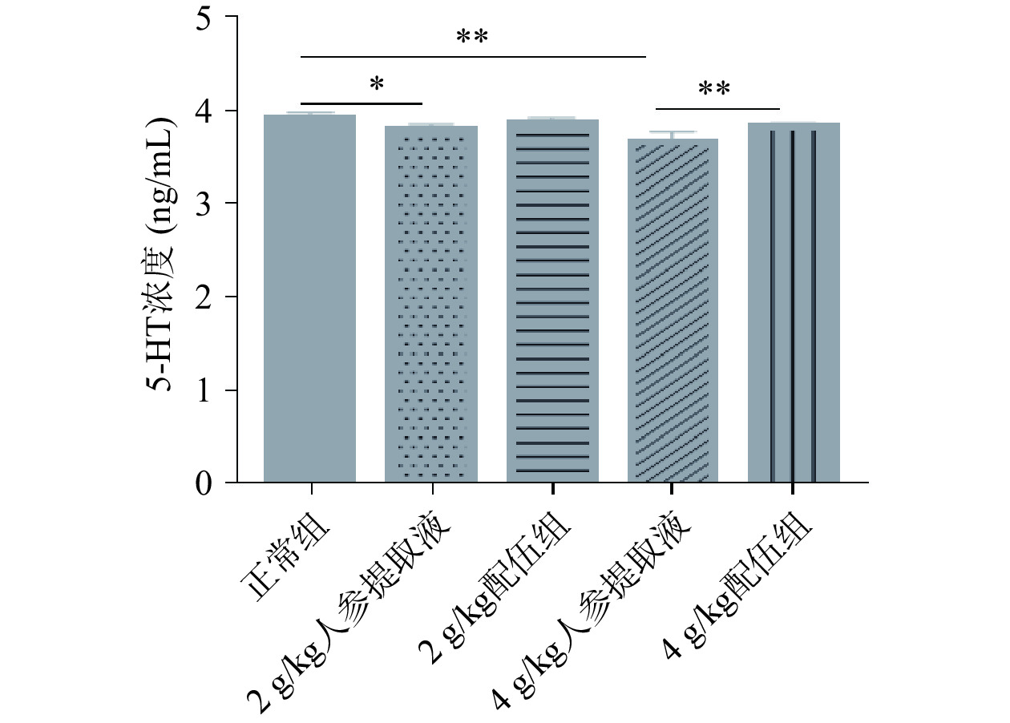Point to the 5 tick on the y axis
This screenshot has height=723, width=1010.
(x=205, y=17)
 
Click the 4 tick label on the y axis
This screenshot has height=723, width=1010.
(x=205, y=110)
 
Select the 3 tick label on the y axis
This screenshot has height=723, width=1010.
(x=205, y=204)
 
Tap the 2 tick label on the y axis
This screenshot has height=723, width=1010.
(x=205, y=297)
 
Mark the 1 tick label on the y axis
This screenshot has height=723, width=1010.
(x=205, y=390)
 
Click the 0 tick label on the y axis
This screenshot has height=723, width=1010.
(x=205, y=483)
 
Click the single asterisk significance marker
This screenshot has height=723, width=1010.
(x=376, y=85)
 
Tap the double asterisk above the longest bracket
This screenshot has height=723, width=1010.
(x=472, y=38)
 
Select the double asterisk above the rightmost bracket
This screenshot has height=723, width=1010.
(x=714, y=90)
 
